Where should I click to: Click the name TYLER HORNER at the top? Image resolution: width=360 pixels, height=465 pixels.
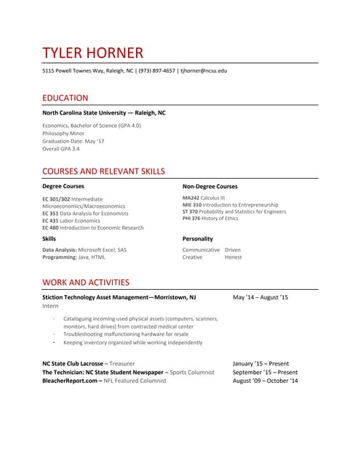(x=92, y=53)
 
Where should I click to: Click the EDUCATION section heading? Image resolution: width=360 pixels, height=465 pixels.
(x=65, y=98)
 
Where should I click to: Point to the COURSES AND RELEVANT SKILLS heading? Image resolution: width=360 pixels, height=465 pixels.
(x=103, y=171)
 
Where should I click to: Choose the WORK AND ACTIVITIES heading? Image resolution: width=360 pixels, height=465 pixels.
(x=86, y=282)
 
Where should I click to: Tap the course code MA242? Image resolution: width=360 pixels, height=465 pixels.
(x=191, y=198)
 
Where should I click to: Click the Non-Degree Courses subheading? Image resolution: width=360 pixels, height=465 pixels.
(x=209, y=187)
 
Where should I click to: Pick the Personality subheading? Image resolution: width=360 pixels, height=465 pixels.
(x=197, y=238)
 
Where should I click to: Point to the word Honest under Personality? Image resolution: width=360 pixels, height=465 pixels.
(x=233, y=257)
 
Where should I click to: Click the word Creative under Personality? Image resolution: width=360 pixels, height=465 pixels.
(x=192, y=257)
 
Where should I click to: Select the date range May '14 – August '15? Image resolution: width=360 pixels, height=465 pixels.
(x=260, y=297)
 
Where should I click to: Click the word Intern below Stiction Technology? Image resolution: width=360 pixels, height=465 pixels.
(x=50, y=307)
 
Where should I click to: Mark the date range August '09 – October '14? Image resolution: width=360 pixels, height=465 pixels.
(x=265, y=381)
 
